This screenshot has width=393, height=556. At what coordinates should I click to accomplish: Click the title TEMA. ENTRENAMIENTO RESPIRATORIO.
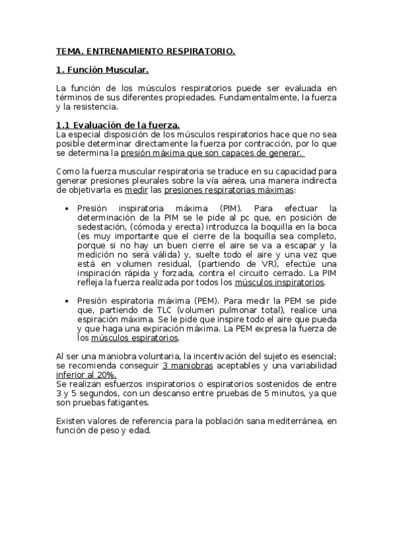[146, 50]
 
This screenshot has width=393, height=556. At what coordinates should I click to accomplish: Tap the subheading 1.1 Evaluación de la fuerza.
[117, 125]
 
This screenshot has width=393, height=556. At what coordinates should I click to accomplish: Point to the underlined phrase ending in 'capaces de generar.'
[213, 153]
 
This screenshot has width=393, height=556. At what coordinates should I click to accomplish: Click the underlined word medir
[136, 190]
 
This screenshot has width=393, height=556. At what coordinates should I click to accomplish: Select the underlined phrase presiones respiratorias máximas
[229, 190]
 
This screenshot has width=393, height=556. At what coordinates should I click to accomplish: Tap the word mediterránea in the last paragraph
[293, 420]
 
